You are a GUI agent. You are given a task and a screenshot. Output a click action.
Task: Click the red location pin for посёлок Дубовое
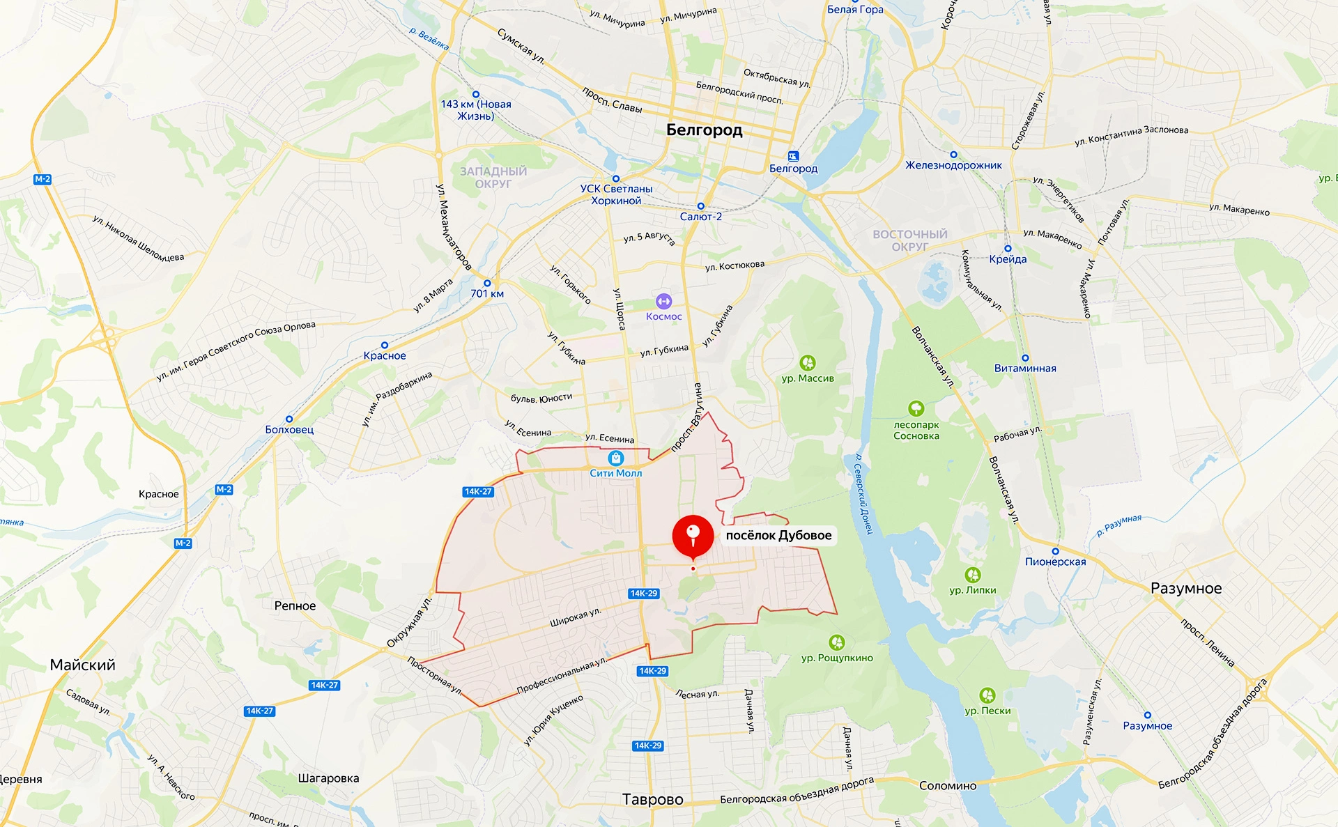click(x=693, y=536)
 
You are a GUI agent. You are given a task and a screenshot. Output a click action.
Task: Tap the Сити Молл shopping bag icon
click(x=615, y=458)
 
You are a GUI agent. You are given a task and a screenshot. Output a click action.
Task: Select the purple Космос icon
click(x=663, y=301)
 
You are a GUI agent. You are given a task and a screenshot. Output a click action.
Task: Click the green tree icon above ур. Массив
click(x=808, y=363)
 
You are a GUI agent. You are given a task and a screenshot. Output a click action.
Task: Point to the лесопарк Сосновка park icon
click(x=916, y=408)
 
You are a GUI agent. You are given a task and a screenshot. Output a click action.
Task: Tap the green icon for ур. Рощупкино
click(x=836, y=642)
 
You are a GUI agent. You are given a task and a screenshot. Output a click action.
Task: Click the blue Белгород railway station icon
click(x=793, y=156)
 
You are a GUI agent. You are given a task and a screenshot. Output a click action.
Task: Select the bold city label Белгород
click(x=704, y=130)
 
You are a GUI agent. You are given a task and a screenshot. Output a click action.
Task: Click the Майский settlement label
click(x=82, y=665)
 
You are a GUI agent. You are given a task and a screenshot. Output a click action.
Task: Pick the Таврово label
click(x=652, y=799)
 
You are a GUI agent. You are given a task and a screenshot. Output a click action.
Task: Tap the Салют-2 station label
click(x=700, y=217)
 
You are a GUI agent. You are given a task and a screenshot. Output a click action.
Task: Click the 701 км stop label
click(x=487, y=293)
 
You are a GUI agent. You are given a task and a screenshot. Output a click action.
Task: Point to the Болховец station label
click(x=289, y=429)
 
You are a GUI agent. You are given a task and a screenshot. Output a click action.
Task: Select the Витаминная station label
click(x=1025, y=369)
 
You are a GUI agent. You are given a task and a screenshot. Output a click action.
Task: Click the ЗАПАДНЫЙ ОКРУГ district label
click(x=493, y=178)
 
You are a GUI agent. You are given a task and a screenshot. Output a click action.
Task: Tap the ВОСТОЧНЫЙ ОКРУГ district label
click(x=910, y=240)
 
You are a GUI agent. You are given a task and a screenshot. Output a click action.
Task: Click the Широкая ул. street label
click(x=575, y=617)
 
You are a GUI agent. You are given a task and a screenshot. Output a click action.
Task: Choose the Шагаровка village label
click(x=328, y=778)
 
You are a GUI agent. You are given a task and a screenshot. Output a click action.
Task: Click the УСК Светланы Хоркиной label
click(x=616, y=194)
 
